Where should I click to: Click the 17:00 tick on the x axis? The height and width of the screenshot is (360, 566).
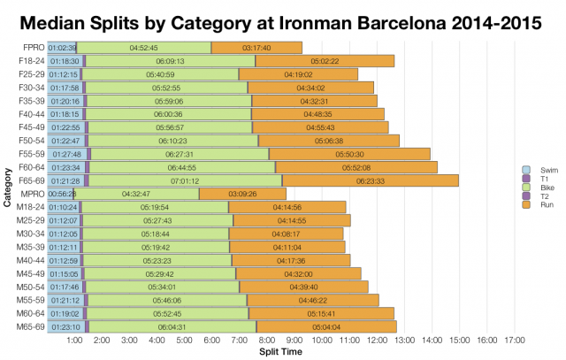(515, 340)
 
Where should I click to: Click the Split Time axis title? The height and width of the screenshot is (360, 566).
(281, 352)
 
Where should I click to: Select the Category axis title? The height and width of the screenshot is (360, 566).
(7, 188)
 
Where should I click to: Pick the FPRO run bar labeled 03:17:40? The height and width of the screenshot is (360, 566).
(256, 47)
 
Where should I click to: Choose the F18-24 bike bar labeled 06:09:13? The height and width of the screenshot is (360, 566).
(170, 60)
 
